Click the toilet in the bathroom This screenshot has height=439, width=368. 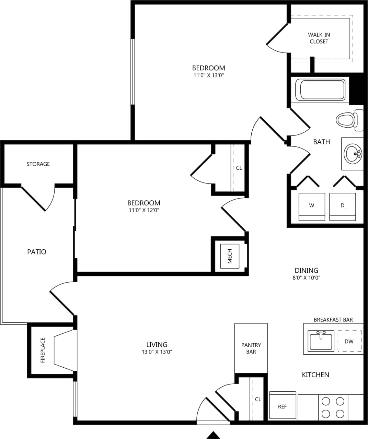[346, 120]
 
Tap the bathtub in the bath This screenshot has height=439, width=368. [322, 90]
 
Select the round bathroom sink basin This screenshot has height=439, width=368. [353, 153]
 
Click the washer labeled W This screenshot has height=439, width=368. [312, 206]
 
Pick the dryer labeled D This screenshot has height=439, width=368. [342, 206]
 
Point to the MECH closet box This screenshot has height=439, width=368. [230, 256]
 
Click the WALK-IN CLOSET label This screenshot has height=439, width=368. [319, 38]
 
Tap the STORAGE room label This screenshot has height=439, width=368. [38, 164]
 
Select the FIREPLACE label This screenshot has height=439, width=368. [43, 350]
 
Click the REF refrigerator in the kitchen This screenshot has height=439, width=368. [282, 406]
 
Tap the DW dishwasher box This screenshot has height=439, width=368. [349, 341]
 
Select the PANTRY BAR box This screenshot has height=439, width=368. [251, 348]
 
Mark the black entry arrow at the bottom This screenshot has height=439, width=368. [213, 435]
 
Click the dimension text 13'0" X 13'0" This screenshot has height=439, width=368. [157, 352]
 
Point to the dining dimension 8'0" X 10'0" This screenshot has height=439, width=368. [306, 278]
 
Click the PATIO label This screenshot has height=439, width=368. [36, 252]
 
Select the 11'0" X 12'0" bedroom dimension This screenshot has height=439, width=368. [144, 210]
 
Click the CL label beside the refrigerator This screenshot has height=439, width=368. [258, 399]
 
